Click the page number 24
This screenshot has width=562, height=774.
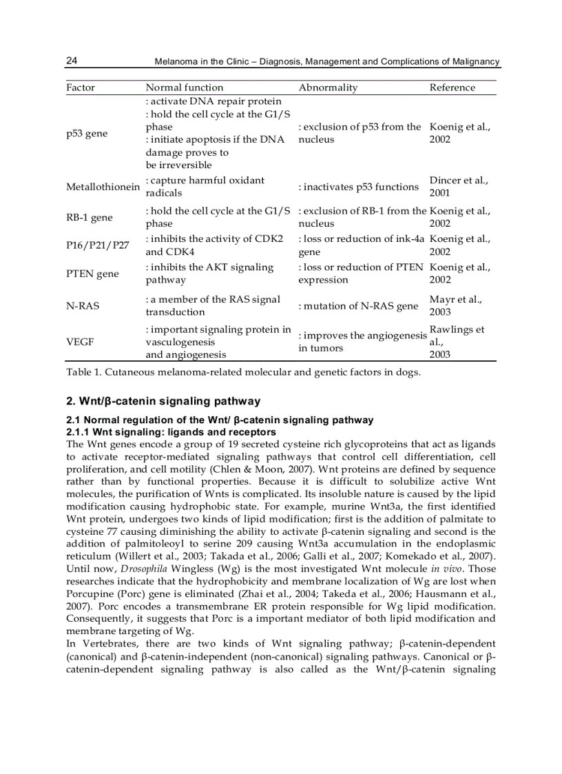[72, 61]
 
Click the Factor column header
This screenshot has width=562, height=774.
[81, 88]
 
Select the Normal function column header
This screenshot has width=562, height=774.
[185, 88]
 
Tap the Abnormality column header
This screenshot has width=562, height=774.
[328, 88]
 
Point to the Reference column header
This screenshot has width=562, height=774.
[452, 88]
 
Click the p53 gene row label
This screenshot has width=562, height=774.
[87, 133]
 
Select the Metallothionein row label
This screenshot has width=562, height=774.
[103, 187]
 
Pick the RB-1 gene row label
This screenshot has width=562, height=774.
[90, 217]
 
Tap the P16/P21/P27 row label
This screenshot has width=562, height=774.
[98, 245]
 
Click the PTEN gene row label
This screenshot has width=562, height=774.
[92, 274]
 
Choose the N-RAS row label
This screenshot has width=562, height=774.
[83, 305]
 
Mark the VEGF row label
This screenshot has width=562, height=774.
[80, 342]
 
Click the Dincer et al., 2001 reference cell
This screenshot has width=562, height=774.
[459, 187]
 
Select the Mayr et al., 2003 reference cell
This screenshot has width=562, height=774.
[455, 305]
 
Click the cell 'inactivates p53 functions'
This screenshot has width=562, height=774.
[358, 187]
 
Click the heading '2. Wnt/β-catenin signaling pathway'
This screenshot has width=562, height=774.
[163, 401]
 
